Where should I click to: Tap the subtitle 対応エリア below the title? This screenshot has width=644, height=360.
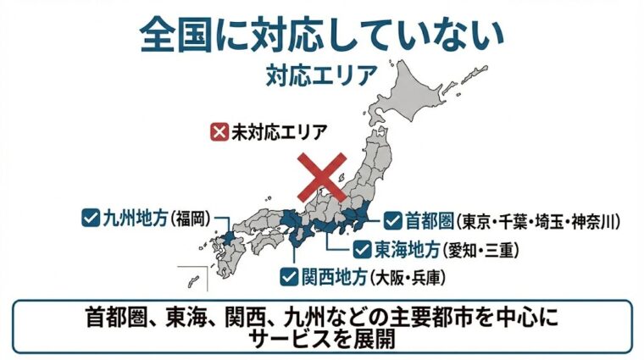coord(321,75)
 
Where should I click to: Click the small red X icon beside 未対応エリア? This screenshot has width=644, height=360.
coord(219,132)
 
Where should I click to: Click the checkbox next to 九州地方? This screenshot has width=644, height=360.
coord(90,218)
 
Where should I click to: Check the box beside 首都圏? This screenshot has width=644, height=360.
coord(392,222)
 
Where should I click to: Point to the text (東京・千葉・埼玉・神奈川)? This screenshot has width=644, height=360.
coord(540,223)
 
